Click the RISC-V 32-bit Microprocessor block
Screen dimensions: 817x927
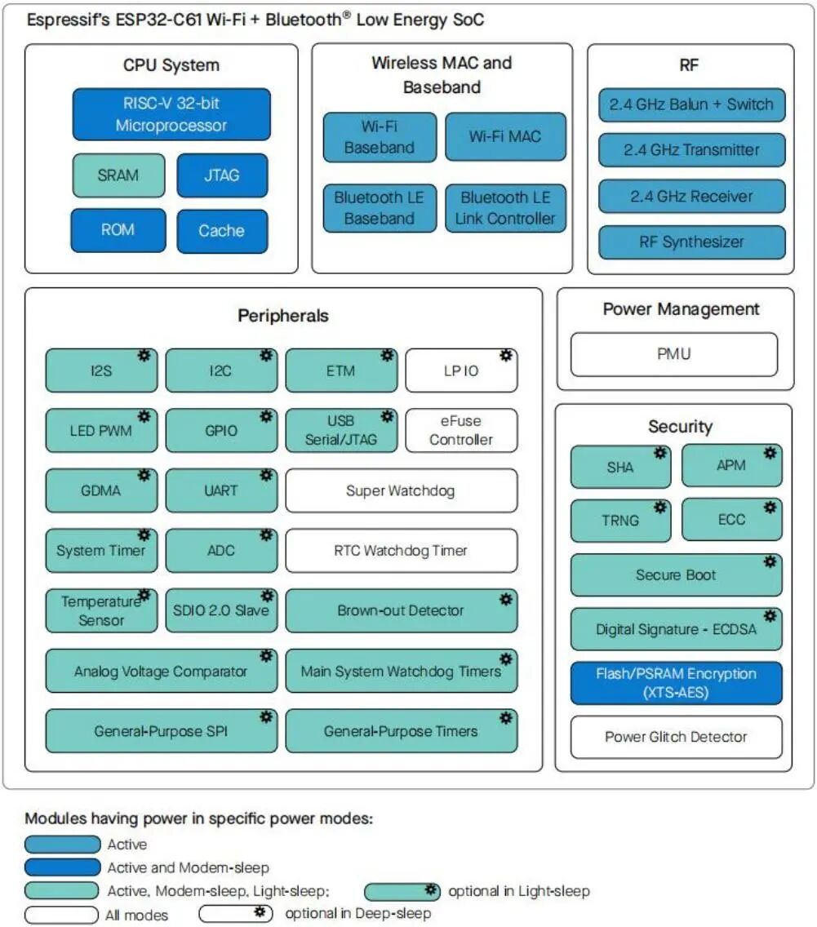(x=171, y=114)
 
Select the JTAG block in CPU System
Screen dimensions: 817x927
(x=222, y=175)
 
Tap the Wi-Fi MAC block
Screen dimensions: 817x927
(x=505, y=136)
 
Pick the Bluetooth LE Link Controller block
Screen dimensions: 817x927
(x=505, y=208)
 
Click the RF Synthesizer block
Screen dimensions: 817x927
(x=691, y=242)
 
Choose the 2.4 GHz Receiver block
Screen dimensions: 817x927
(x=691, y=197)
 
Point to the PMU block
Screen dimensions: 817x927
(x=674, y=354)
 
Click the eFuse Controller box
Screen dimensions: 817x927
(x=461, y=430)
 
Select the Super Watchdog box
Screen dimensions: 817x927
(x=402, y=490)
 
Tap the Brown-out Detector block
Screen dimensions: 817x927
(x=402, y=610)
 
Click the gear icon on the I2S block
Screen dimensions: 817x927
(x=144, y=355)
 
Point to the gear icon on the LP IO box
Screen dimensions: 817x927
(x=506, y=355)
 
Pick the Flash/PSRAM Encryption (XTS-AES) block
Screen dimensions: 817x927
(x=677, y=683)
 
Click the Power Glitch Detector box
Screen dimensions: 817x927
(x=677, y=737)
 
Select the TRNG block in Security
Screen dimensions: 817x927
(x=621, y=521)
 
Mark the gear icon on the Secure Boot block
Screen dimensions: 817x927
(x=770, y=561)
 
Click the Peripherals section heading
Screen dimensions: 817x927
(x=283, y=316)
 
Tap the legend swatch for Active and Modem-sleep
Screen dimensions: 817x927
(x=63, y=867)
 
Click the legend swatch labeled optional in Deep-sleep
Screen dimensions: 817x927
(x=236, y=913)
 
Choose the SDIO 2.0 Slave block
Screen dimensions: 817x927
(x=221, y=610)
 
